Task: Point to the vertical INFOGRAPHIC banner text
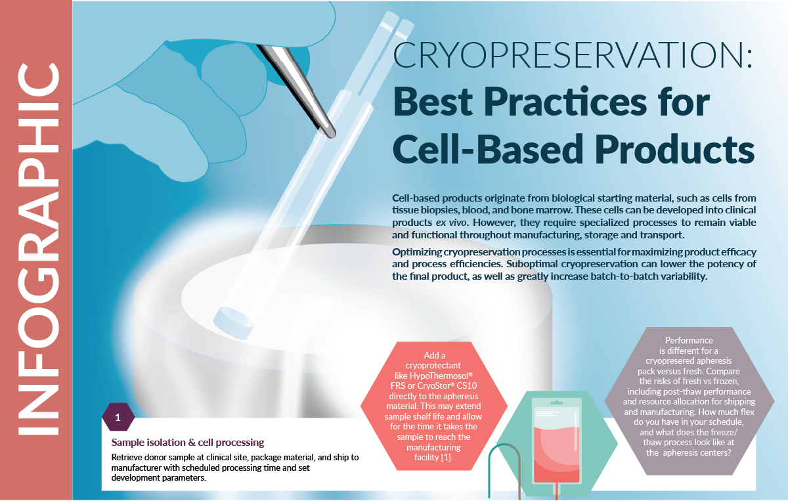[36, 250]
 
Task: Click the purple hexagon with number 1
[118, 417]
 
